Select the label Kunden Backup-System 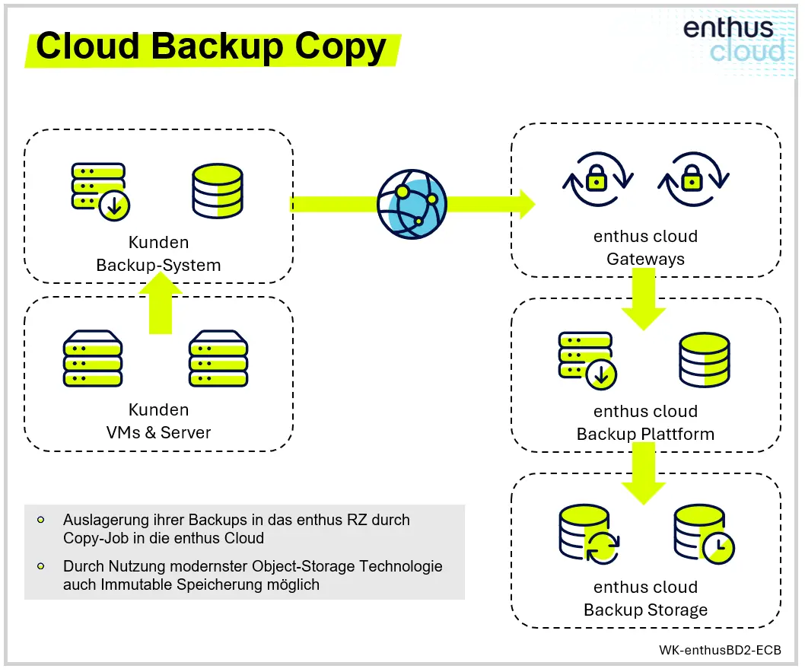pos(158,254)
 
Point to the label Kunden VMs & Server pos(158,421)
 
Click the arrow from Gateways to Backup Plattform pos(643,301)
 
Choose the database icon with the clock pos(704,536)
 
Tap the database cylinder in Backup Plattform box pos(705,359)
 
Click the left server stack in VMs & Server pos(93,358)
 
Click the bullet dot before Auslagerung pos(40,521)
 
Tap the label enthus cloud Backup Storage pos(645,598)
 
